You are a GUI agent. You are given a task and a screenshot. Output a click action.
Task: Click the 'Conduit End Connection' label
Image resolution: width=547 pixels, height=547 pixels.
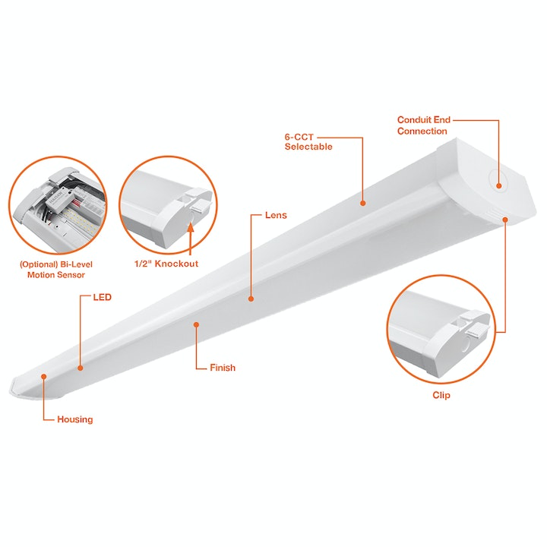pos(422,125)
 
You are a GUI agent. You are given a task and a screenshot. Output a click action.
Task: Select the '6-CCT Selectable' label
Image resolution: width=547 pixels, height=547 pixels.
pos(308,142)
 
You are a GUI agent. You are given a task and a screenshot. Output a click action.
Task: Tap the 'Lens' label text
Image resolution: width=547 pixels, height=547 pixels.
pos(276,216)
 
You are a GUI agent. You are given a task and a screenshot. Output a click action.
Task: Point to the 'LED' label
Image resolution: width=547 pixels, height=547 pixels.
pos(103,297)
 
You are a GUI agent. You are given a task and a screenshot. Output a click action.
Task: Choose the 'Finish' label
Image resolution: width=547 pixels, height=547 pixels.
pos(223,368)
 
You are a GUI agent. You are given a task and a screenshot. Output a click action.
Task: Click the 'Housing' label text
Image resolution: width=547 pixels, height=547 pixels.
pos(75,419)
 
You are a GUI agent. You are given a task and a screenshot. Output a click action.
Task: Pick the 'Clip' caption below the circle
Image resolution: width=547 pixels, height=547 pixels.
pos(441,395)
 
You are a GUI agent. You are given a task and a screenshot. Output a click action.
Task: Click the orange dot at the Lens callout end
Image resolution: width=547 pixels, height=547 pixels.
pos(251,299)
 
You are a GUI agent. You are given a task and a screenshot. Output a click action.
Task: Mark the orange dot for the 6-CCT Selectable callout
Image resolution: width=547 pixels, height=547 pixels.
pos(363,203)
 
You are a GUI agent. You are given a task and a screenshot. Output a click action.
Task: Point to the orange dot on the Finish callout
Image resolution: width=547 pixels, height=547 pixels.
pos(196,324)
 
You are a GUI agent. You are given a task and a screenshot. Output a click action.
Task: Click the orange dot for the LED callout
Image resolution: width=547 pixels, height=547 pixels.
pos(80,368)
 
